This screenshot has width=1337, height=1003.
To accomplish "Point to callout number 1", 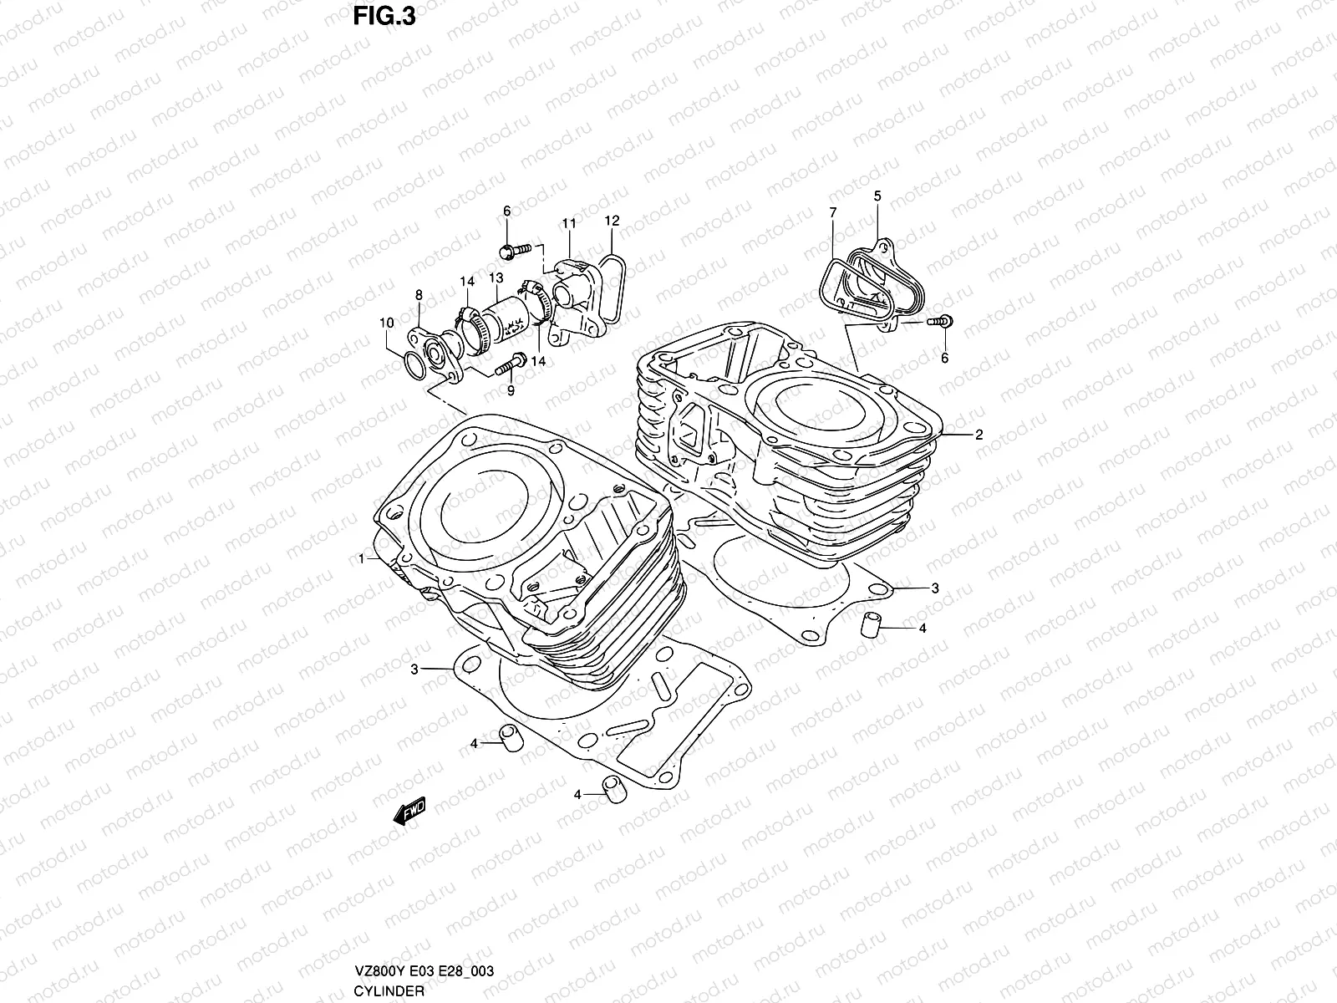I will pos(363,559).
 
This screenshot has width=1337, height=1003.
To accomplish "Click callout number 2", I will pos(979,435).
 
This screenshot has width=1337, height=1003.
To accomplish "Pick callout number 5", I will pos(877,196).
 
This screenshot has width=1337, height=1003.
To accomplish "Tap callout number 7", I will pos(833,213).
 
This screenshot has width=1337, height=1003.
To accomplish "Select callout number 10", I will pos(386,323).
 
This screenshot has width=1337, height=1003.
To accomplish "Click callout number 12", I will pos(612,221).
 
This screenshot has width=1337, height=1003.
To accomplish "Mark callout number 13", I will pos(496,277).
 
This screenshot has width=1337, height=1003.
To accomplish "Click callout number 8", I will pos(419,294).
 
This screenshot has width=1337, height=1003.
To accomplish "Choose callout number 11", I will pos(568,224).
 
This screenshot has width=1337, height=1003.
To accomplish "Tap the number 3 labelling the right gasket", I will pos(935,588).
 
